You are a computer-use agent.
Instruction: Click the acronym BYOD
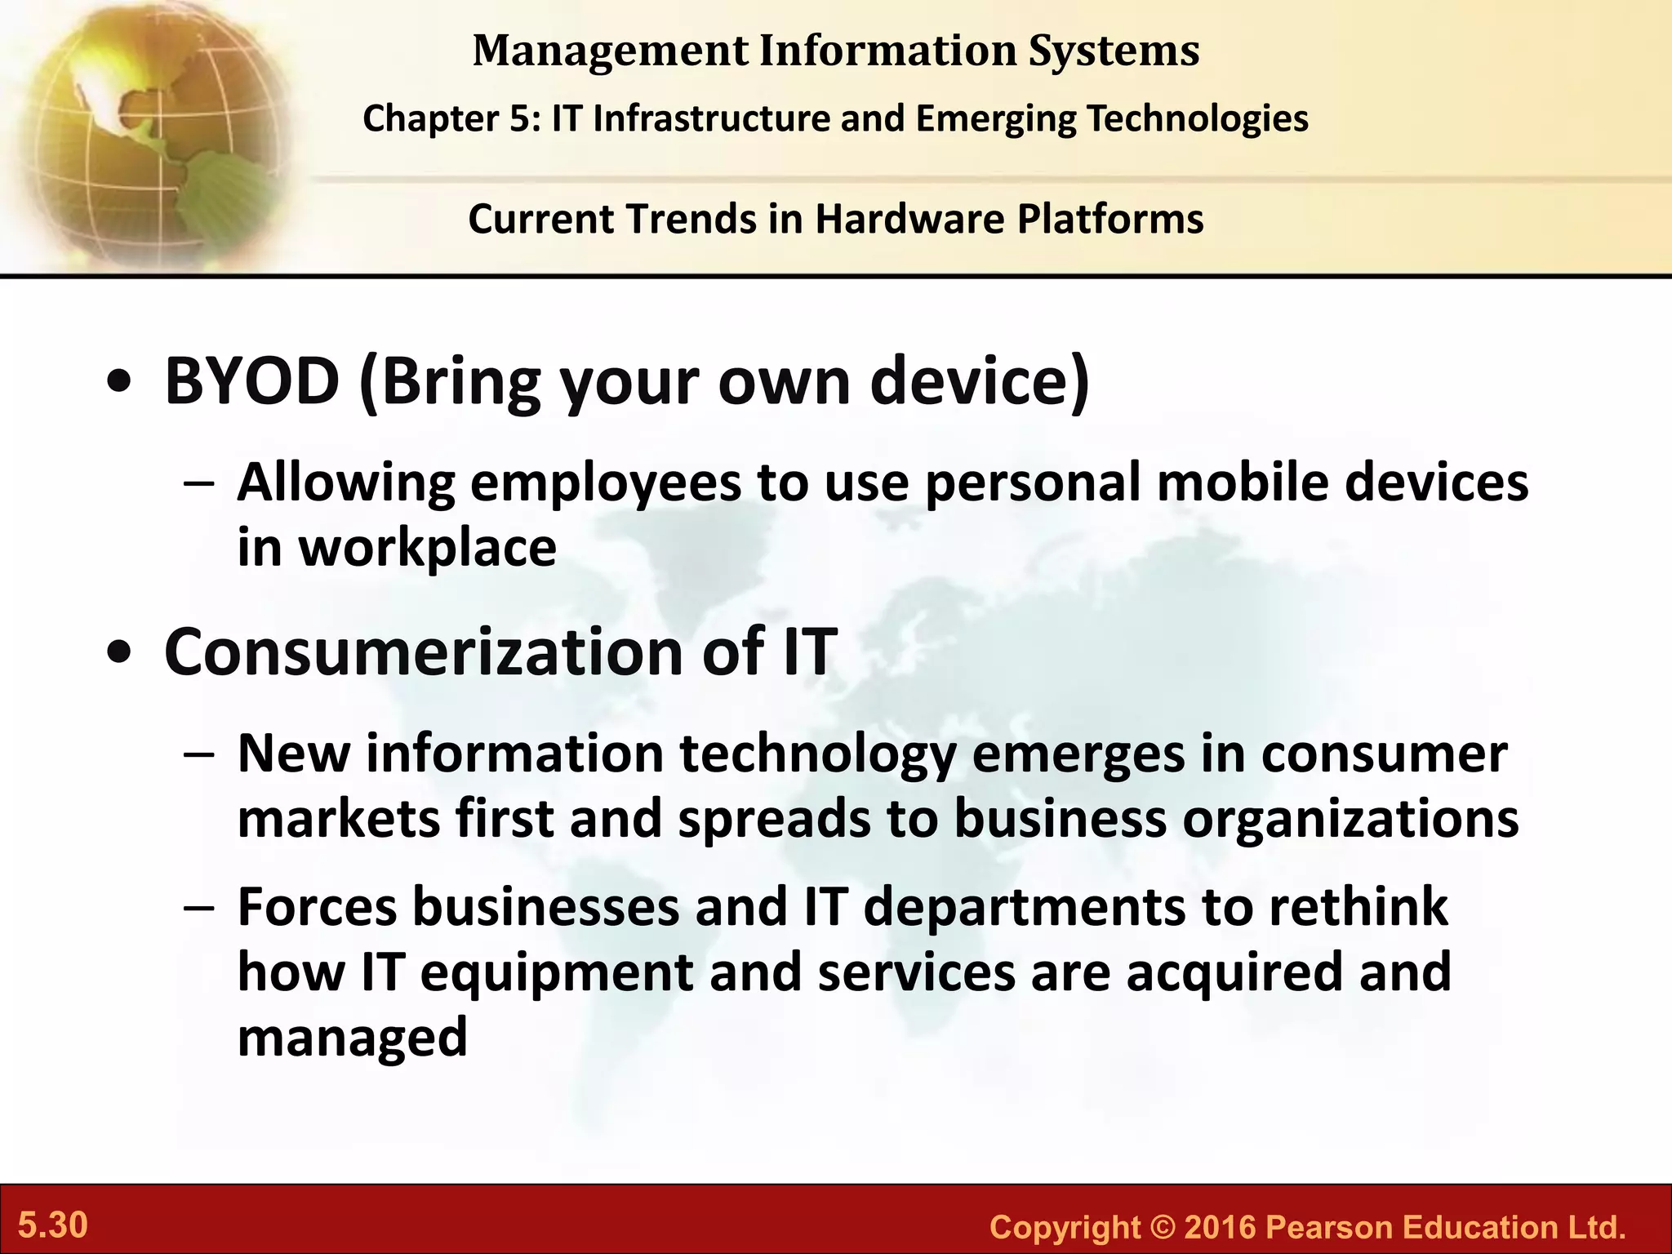click(x=251, y=381)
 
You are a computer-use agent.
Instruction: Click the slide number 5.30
click(x=53, y=1225)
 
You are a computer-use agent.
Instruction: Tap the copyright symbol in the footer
click(x=1162, y=1227)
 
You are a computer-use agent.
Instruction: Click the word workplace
click(x=428, y=548)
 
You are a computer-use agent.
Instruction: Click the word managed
click(x=352, y=1037)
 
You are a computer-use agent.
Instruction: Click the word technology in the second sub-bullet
click(x=817, y=754)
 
